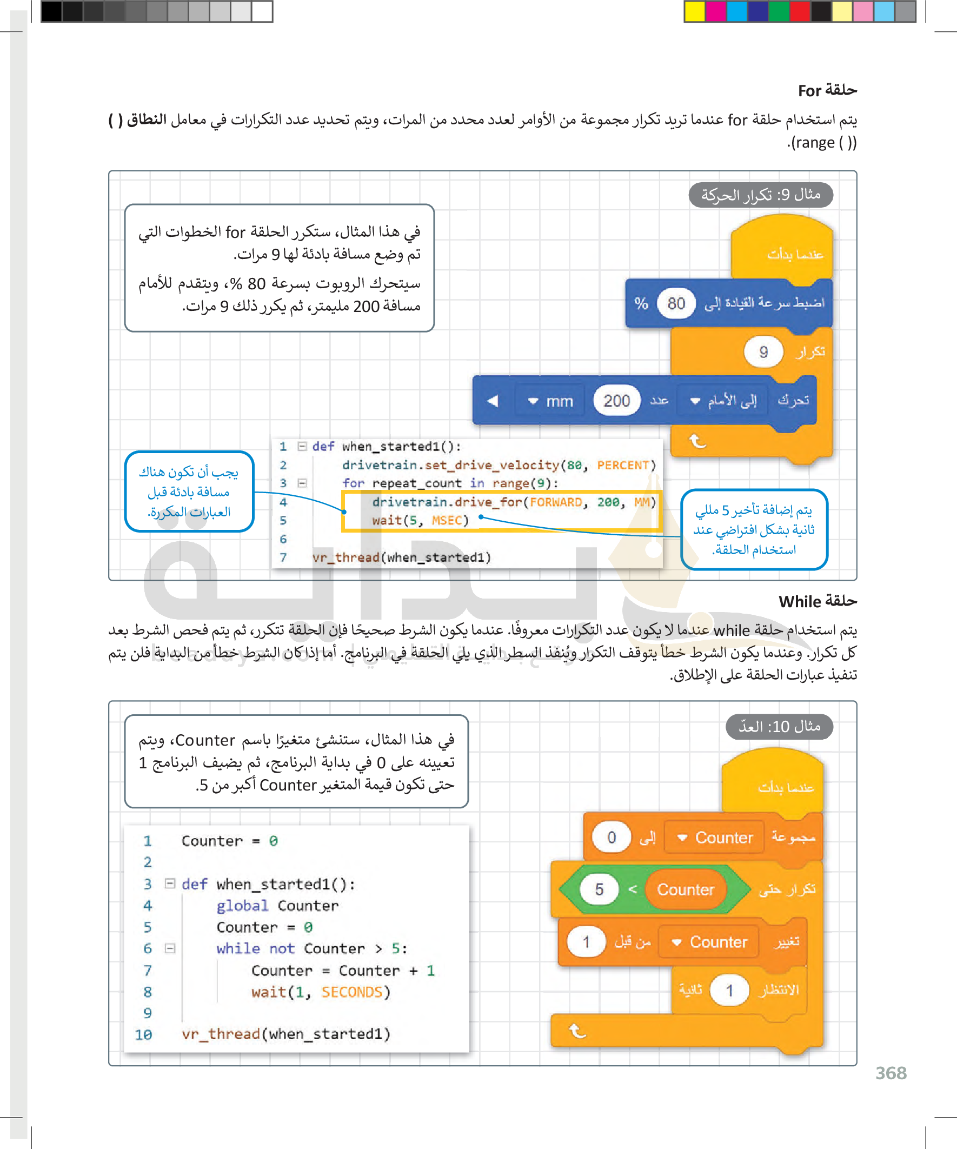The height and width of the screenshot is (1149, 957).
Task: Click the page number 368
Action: point(890,1073)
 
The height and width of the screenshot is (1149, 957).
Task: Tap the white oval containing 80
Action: point(676,303)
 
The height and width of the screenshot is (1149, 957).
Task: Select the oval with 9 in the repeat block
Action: point(763,352)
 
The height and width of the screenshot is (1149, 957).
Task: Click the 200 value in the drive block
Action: point(616,401)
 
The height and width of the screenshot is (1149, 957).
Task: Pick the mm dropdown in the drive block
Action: point(550,401)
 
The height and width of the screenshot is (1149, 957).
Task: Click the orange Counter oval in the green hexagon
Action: point(685,889)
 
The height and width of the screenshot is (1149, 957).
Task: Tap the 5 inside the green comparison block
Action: point(599,889)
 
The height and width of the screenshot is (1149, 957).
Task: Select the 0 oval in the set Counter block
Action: point(611,838)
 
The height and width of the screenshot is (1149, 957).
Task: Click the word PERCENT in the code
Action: point(623,465)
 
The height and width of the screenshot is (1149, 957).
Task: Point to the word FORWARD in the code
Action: point(555,502)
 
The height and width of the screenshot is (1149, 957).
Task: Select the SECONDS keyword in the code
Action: point(352,992)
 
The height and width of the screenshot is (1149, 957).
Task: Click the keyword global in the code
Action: point(242,906)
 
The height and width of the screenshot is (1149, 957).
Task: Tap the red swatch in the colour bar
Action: point(800,11)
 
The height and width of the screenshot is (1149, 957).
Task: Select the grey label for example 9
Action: point(761,195)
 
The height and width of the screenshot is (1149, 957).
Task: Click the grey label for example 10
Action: point(779,727)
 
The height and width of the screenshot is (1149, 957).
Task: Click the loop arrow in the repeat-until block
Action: point(577,1031)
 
